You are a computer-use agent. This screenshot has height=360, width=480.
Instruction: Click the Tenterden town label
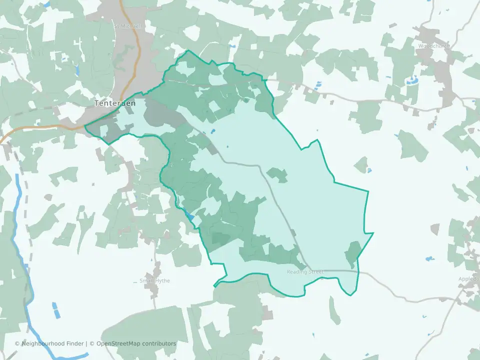[111, 103]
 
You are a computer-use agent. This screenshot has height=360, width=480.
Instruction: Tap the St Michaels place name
[129, 26]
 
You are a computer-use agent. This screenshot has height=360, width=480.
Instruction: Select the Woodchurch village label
[434, 46]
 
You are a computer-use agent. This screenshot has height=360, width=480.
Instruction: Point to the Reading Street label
[305, 272]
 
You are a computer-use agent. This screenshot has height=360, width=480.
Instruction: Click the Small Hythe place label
[154, 281]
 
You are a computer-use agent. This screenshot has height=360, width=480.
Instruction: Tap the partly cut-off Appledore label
[470, 279]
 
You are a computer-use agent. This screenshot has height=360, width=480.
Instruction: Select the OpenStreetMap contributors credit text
[136, 343]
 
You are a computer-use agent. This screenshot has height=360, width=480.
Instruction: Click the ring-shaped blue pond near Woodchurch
[413, 79]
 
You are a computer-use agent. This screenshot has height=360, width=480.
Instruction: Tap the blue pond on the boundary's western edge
[189, 216]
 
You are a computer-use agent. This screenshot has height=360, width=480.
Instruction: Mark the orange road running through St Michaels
[135, 55]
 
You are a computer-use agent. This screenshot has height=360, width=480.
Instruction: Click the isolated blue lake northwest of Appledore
[428, 259]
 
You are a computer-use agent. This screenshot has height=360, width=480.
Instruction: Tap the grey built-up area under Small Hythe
[154, 295]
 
